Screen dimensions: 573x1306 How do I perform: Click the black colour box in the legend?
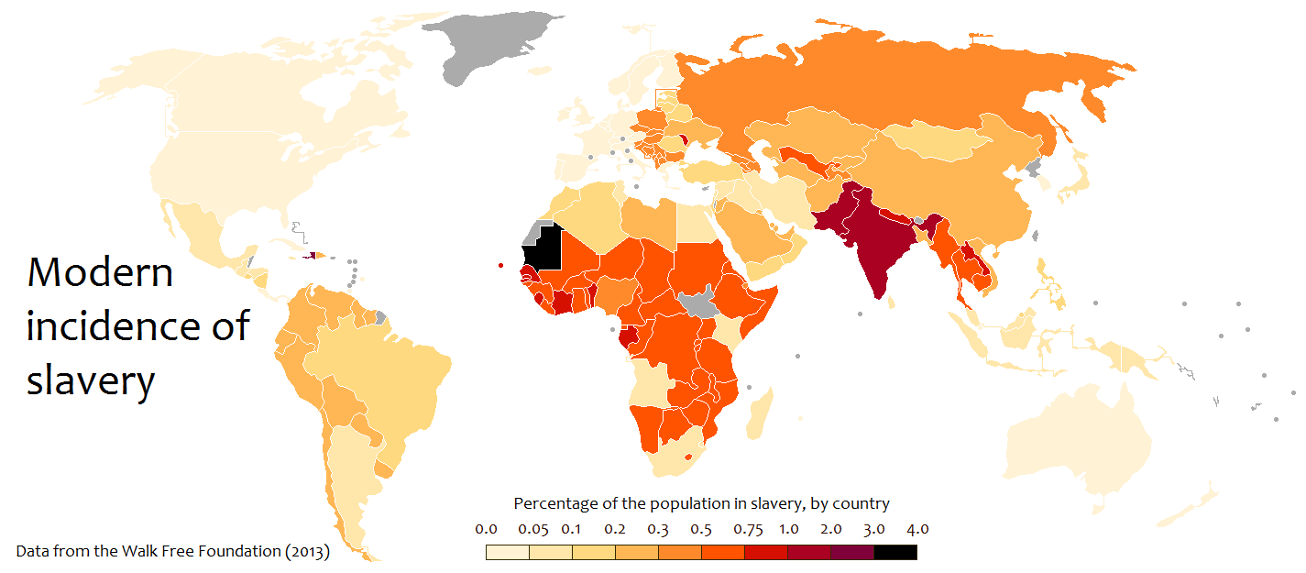click(x=895, y=552)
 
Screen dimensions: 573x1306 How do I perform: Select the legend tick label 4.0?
click(x=917, y=529)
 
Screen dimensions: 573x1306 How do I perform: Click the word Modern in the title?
click(x=100, y=272)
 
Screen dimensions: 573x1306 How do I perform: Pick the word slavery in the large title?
click(x=90, y=380)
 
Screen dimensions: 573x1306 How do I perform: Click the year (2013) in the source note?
click(x=307, y=552)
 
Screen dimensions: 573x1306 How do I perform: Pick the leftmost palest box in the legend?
click(x=508, y=552)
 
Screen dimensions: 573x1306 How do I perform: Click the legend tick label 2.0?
click(x=831, y=529)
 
